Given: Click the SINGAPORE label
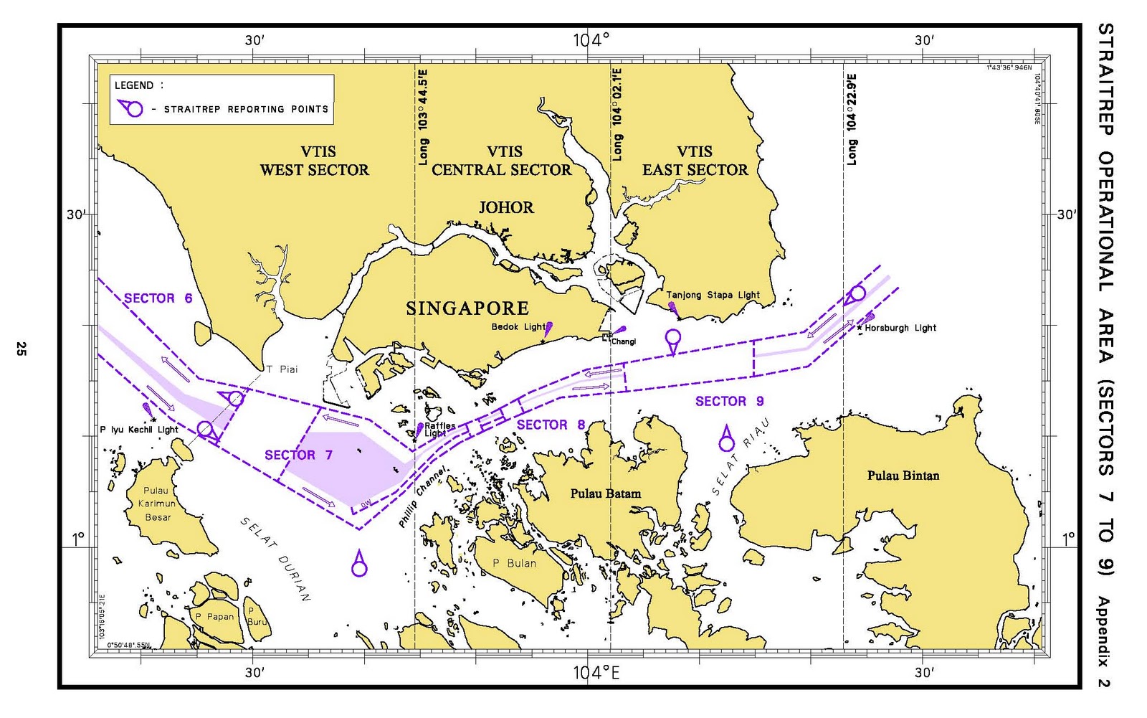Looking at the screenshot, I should [467, 308].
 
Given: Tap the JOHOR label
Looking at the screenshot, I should [506, 208].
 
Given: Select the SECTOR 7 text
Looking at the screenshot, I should [298, 455].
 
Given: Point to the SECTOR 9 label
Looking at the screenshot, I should [729, 401].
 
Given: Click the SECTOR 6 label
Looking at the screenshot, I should [158, 298].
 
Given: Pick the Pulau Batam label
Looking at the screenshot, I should [606, 493].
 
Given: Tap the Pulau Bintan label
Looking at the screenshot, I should [903, 476].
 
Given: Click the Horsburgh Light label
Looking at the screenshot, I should [900, 328].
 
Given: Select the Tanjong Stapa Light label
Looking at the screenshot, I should [713, 295].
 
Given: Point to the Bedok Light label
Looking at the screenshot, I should [518, 327].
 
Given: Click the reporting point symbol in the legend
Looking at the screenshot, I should [130, 109].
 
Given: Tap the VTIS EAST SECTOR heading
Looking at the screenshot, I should [695, 161].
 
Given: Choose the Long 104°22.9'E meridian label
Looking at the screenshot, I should [851, 120].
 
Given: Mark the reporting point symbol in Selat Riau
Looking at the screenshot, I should [726, 439].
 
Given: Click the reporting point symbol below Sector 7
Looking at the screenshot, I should [359, 565].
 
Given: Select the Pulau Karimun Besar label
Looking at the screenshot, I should [157, 504].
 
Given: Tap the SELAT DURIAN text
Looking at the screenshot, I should [275, 559].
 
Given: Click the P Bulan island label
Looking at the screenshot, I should [514, 563].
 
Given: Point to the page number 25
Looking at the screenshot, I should [21, 349].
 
